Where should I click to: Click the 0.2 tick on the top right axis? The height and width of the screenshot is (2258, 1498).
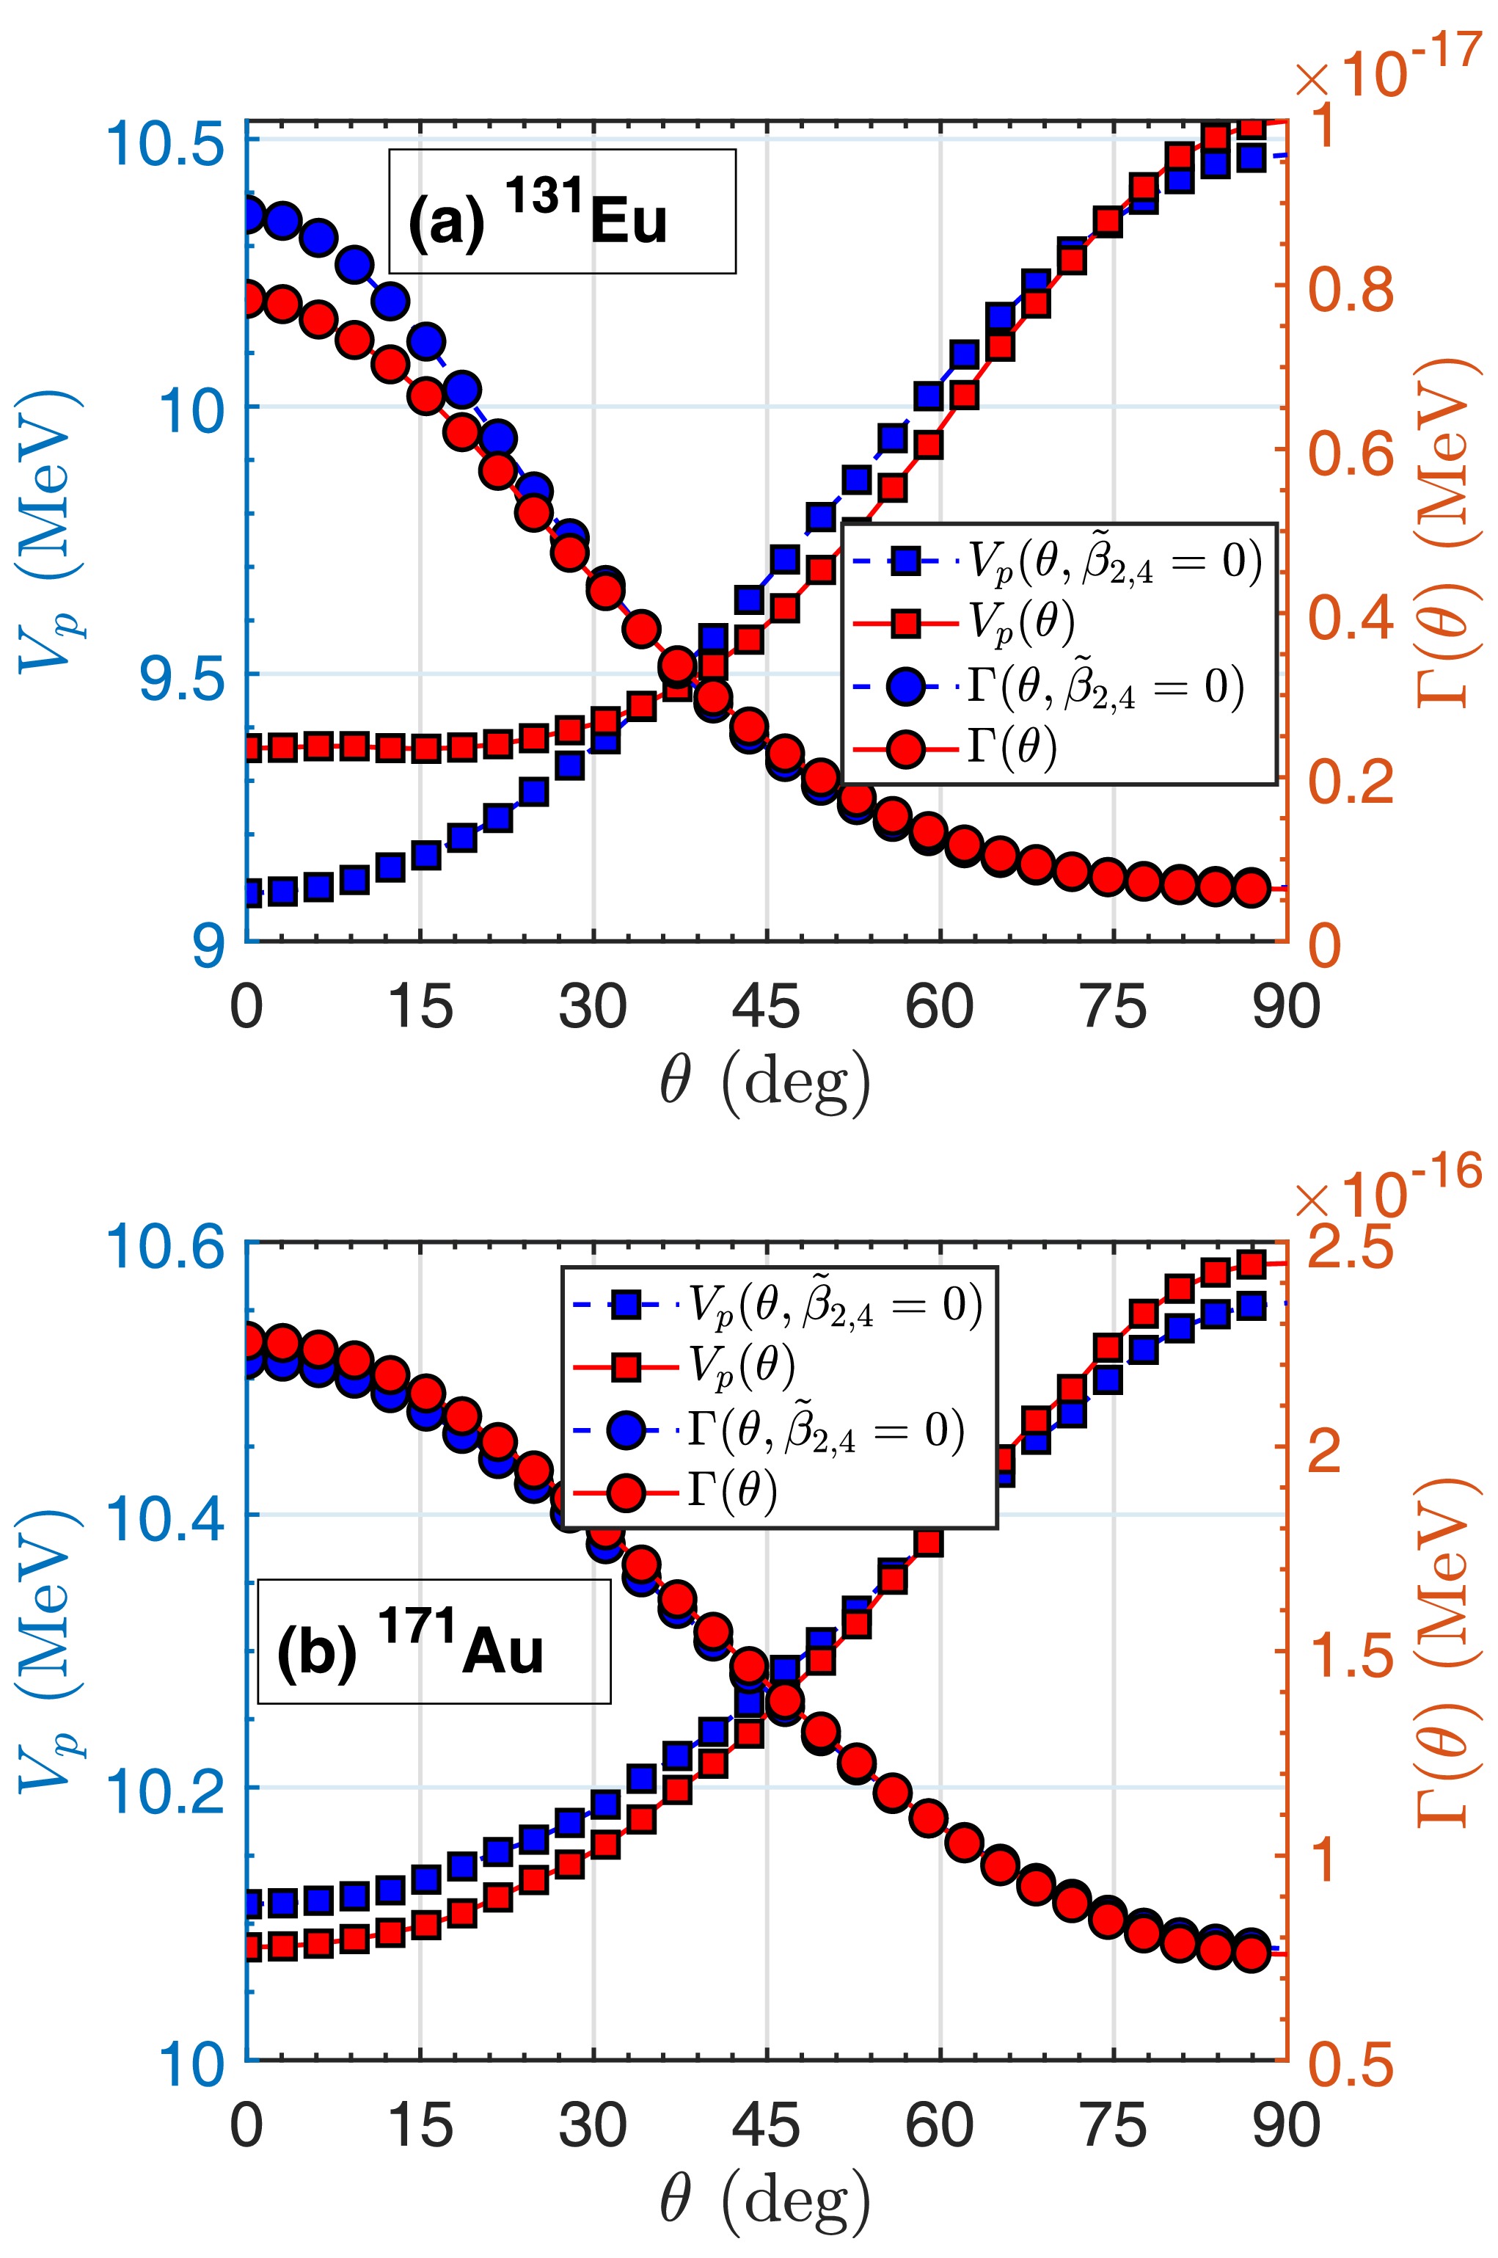click(x=1350, y=781)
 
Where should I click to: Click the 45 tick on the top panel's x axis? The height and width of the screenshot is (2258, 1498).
click(x=766, y=1006)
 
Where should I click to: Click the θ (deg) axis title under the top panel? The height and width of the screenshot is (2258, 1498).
click(x=765, y=1082)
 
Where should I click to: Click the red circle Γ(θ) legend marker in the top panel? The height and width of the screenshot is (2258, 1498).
click(x=905, y=749)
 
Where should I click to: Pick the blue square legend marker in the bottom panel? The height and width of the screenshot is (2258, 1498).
click(x=626, y=1304)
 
